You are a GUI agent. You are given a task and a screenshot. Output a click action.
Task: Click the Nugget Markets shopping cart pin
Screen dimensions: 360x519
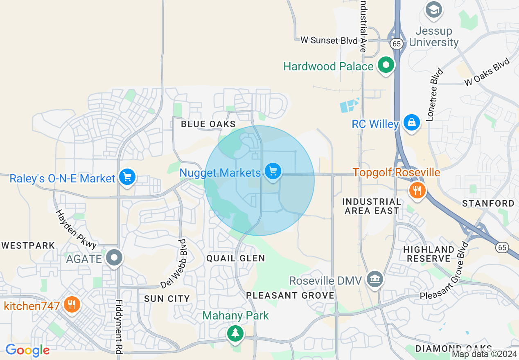click(x=273, y=171)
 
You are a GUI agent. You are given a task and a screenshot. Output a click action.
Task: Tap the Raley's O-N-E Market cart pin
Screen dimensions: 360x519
click(x=127, y=177)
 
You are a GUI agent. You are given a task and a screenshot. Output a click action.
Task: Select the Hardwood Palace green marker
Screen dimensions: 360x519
click(x=385, y=65)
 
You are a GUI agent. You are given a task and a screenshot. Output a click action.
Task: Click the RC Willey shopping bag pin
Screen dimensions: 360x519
click(x=411, y=122)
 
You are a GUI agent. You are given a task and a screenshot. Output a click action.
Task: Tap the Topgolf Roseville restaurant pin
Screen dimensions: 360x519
click(x=417, y=190)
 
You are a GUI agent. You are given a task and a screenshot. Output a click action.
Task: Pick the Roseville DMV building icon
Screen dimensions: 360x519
click(x=375, y=280)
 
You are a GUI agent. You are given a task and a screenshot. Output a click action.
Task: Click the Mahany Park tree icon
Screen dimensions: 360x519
click(x=235, y=333)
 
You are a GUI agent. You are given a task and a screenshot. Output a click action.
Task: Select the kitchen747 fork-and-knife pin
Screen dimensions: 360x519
click(x=72, y=305)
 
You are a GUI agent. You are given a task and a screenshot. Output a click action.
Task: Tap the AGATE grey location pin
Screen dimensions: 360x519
click(x=114, y=258)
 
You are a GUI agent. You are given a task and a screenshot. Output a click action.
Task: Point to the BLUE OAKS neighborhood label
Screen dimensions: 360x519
click(x=208, y=124)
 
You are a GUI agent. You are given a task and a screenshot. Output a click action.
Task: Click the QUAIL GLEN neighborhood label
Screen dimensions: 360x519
click(x=235, y=258)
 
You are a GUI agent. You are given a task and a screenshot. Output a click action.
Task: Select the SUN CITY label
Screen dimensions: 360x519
click(x=167, y=299)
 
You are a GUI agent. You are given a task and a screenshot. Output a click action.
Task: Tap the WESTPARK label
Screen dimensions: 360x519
click(x=28, y=245)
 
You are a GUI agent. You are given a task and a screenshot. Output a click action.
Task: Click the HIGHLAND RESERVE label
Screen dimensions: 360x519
click(x=429, y=254)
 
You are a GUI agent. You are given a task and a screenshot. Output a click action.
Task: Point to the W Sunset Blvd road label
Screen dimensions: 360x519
click(x=325, y=40)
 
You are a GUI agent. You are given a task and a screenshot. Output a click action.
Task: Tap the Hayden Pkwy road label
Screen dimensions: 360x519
click(x=76, y=229)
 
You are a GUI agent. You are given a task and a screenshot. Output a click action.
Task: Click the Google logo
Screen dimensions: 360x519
click(x=27, y=350)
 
